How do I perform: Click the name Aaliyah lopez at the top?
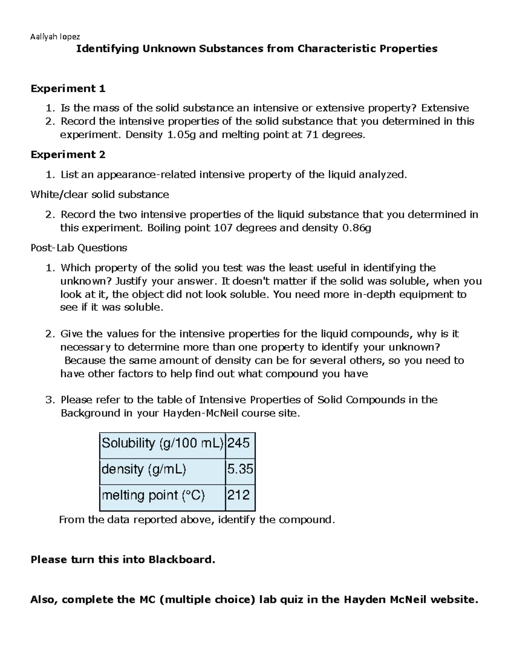(55, 36)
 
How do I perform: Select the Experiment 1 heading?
(68, 89)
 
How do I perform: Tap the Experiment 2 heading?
(68, 154)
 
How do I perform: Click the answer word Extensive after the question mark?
(445, 108)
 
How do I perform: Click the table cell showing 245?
(239, 443)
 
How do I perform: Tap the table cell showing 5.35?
(240, 469)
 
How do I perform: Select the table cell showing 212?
(239, 495)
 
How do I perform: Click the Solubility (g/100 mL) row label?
(162, 443)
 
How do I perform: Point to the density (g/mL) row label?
(144, 469)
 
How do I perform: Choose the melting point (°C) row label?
(153, 495)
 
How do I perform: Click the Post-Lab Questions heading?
(79, 248)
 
